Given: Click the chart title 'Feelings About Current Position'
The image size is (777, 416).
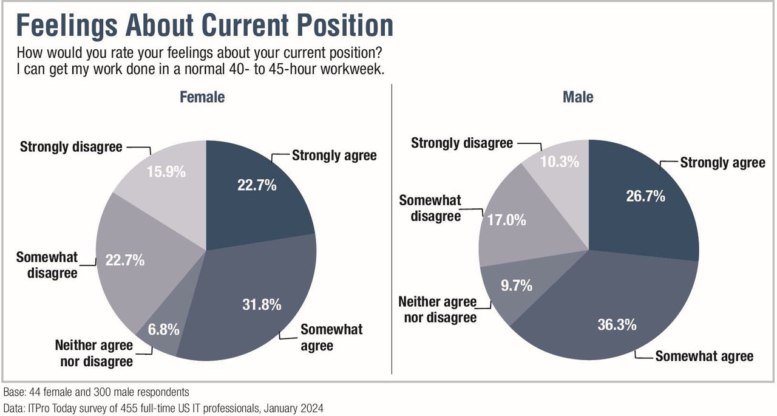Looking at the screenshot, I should click(205, 25).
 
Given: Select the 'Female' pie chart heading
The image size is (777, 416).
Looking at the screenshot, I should click(202, 97).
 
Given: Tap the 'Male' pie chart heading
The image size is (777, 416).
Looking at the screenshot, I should click(578, 97).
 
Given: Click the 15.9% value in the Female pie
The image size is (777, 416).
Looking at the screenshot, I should click(166, 172).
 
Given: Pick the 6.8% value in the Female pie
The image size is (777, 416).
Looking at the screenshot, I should click(163, 330).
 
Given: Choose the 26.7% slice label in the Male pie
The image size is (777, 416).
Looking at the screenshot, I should click(645, 196).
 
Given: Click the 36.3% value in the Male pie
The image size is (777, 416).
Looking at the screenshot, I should click(616, 324).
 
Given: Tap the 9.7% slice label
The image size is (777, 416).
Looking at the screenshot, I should click(516, 285).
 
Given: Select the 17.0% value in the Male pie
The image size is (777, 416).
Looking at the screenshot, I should click(506, 220).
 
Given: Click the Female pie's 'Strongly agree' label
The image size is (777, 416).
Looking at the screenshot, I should click(334, 155).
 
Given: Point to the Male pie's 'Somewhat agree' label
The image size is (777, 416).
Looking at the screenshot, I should click(704, 356).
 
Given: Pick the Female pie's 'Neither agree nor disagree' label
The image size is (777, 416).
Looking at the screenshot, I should click(93, 353).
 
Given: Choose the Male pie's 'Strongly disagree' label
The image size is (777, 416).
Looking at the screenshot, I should click(462, 143).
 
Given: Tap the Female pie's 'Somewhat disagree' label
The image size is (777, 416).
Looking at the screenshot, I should click(47, 265).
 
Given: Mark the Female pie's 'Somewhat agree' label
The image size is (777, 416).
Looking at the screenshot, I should click(331, 338).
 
